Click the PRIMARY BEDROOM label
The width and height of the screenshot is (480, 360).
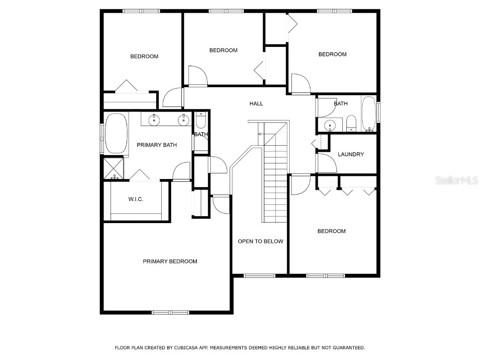pyautogui.click(x=170, y=261)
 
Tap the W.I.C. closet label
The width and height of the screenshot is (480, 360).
pyautogui.click(x=135, y=199)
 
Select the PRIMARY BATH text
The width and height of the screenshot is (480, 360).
pyautogui.click(x=157, y=145)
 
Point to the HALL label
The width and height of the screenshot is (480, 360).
pyautogui.click(x=256, y=104)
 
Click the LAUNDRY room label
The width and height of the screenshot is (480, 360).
pyautogui.click(x=351, y=154)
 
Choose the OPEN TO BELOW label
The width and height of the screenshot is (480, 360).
pyautogui.click(x=260, y=241)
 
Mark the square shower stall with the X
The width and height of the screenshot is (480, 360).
pyautogui.click(x=113, y=168)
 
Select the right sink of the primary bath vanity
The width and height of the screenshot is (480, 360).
pyautogui.click(x=183, y=120)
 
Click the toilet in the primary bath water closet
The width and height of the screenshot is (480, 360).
pyautogui.click(x=201, y=121)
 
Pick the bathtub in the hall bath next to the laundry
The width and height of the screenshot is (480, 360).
pyautogui.click(x=368, y=113)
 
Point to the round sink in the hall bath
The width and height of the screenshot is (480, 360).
pyautogui.click(x=330, y=125)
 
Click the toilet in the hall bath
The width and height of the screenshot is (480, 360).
pyautogui.click(x=351, y=123)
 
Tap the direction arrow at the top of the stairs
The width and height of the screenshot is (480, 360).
pyautogui.click(x=261, y=135)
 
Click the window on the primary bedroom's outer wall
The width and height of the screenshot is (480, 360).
pyautogui.click(x=170, y=312)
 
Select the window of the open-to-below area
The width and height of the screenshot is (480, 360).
pyautogui.click(x=259, y=276)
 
